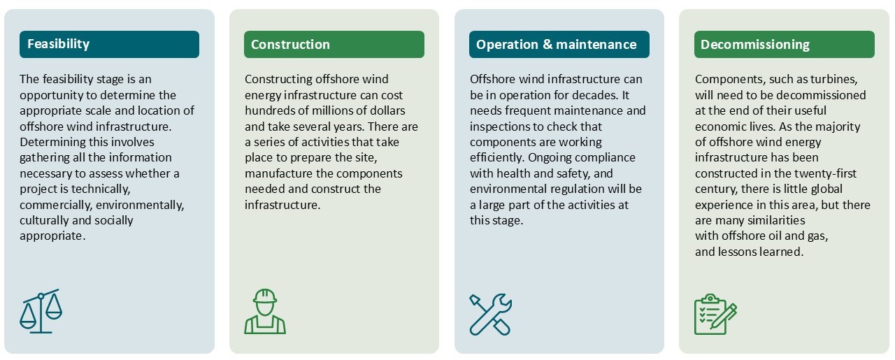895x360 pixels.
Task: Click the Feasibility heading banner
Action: click(x=109, y=44)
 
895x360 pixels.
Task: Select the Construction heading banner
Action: click(x=334, y=44)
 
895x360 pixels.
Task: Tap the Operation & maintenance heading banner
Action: click(x=559, y=44)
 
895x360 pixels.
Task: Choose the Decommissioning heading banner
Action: click(x=784, y=44)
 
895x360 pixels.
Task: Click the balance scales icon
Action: click(x=41, y=311)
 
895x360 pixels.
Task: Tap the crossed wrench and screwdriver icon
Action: click(x=490, y=313)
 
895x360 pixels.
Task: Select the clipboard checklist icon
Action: click(x=715, y=315)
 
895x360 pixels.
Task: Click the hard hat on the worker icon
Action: click(x=265, y=296)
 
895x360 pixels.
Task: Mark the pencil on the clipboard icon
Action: click(x=724, y=316)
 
